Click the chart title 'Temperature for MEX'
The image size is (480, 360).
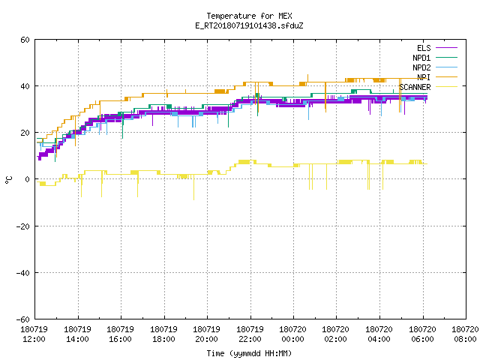(x=249, y=16)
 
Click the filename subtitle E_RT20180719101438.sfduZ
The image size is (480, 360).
(x=249, y=25)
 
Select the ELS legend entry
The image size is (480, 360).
(x=424, y=48)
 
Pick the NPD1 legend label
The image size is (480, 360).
(x=421, y=58)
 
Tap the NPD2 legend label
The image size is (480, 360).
(x=421, y=67)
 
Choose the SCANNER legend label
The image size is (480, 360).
(x=415, y=87)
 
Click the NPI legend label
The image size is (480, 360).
(x=424, y=77)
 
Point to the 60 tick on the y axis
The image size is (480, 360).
(x=25, y=40)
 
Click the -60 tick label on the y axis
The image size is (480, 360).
(x=22, y=319)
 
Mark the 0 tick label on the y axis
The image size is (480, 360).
(x=27, y=179)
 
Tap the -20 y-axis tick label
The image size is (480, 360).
(x=22, y=226)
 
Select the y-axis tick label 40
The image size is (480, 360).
(x=25, y=86)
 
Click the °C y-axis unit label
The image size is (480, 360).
(x=8, y=180)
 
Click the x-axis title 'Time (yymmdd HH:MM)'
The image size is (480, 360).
(x=249, y=353)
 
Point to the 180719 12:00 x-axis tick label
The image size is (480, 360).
(x=34, y=334)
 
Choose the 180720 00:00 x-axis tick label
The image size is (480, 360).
(x=292, y=334)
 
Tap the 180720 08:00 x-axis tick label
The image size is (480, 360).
(x=465, y=334)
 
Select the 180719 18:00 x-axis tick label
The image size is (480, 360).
(x=163, y=334)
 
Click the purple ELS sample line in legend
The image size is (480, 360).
(x=446, y=48)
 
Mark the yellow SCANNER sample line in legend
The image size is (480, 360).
(x=446, y=87)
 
